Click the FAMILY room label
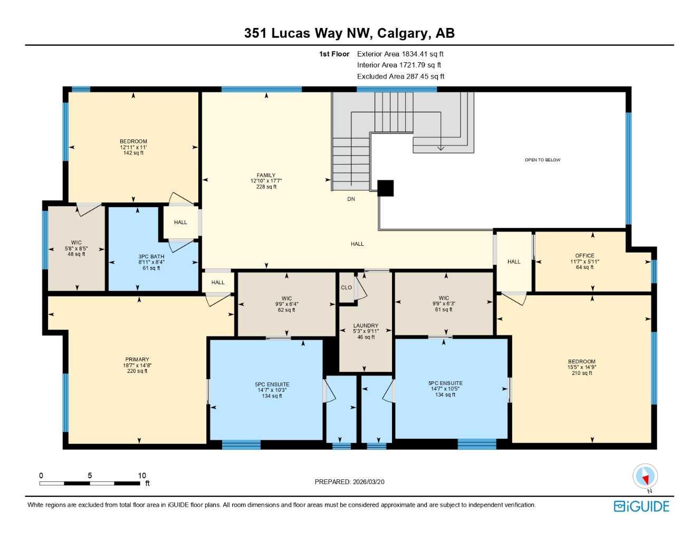click(266, 176)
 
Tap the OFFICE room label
click(585, 256)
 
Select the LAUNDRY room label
click(366, 326)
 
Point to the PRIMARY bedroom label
click(137, 360)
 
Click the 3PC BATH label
click(151, 257)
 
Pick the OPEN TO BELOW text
click(542, 160)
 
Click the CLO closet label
click(346, 287)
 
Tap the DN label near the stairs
click(351, 199)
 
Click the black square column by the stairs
click(386, 188)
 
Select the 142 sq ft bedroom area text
click(133, 153)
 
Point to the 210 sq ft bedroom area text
click(582, 373)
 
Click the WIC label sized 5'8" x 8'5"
click(76, 243)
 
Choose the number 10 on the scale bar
click(142, 476)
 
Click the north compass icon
click(645, 477)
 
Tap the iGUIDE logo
click(641, 506)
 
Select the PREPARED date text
click(349, 481)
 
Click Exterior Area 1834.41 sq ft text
click(400, 54)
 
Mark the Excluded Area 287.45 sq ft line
click(400, 76)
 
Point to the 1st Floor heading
click(334, 54)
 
